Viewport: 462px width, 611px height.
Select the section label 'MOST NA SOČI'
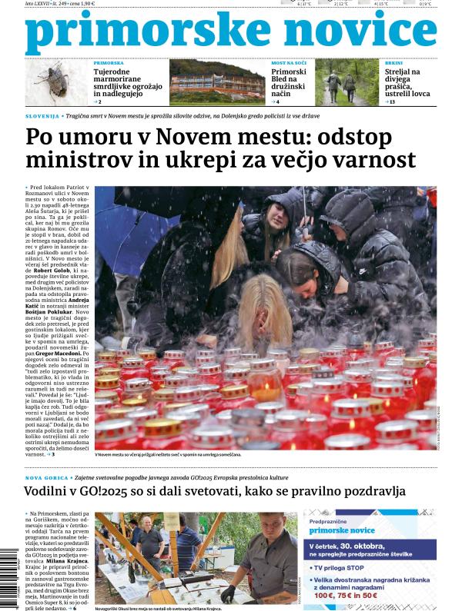pyautogui.click(x=290, y=62)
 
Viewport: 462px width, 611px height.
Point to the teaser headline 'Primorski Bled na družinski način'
pyautogui.click(x=289, y=81)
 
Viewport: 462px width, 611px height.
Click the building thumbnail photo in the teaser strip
pyautogui.click(x=216, y=82)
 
